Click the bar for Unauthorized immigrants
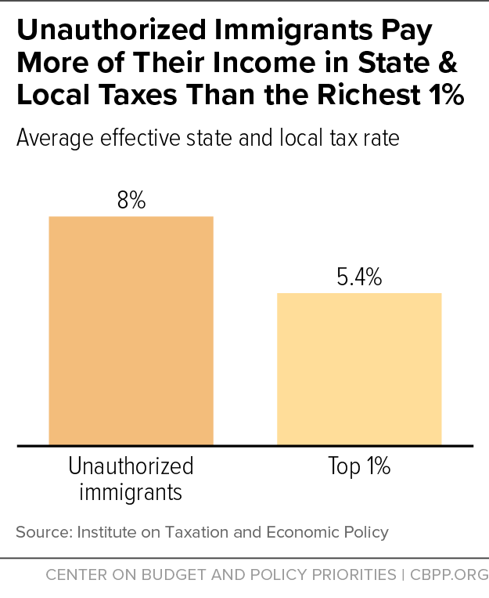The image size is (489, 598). (131, 331)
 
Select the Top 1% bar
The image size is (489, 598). (359, 369)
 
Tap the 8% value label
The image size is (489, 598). (131, 200)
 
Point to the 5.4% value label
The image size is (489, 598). (359, 277)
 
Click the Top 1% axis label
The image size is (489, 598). (359, 466)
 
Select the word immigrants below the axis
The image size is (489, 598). (131, 492)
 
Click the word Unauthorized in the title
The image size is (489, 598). (112, 30)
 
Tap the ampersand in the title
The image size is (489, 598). (448, 63)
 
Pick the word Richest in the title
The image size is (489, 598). (369, 95)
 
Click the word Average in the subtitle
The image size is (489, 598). (56, 138)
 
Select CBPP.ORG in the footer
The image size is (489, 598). (449, 574)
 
